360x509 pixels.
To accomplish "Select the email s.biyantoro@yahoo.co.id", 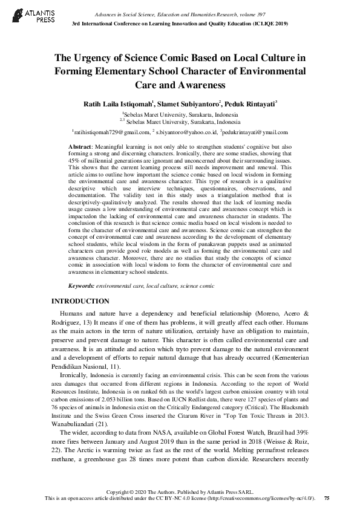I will click(186, 131).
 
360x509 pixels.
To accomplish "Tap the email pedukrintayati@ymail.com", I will click(255, 131).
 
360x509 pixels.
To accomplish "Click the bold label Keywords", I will click(81, 285).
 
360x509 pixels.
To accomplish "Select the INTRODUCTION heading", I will click(80, 301).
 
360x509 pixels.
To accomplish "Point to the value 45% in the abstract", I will click(74, 168).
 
